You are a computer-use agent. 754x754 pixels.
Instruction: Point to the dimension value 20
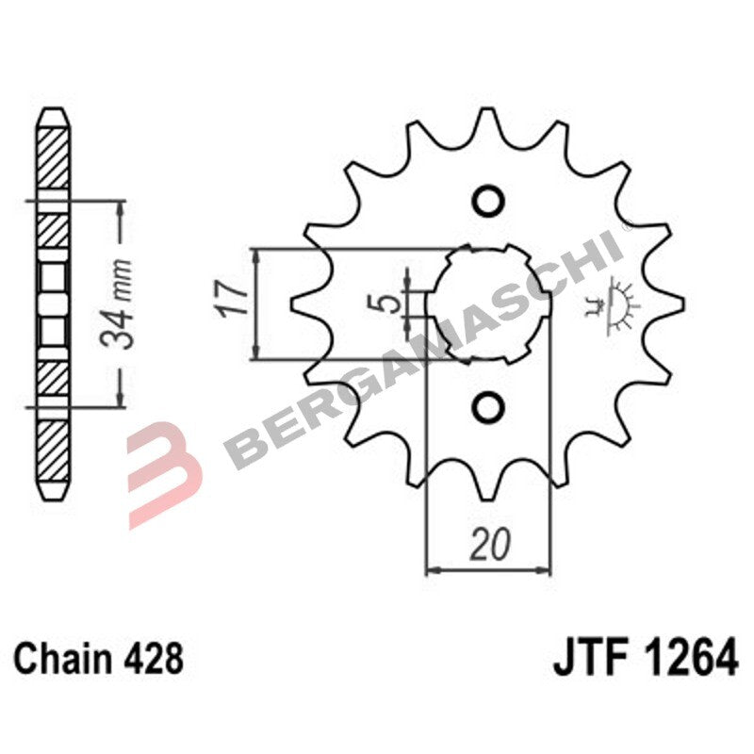pyautogui.click(x=488, y=546)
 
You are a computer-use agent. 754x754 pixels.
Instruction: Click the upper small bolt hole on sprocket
pyautogui.click(x=487, y=201)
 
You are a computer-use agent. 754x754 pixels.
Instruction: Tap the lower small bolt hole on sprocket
pyautogui.click(x=487, y=406)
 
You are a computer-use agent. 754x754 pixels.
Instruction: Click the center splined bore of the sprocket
pyautogui.click(x=487, y=303)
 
